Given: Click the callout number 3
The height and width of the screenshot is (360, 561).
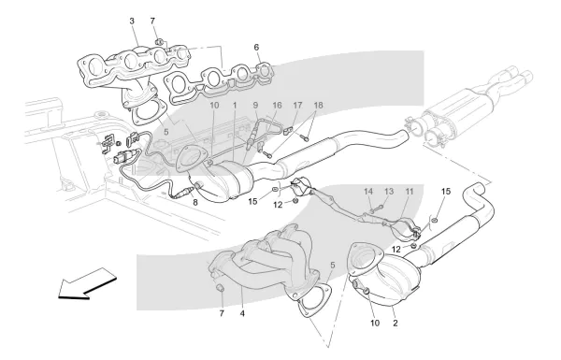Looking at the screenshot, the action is point(132,22).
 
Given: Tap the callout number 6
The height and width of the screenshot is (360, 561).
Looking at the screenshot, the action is point(256,48).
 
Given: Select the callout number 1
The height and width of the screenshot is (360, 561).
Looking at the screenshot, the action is point(235,106).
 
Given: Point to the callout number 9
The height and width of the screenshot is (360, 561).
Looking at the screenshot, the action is point(255,106).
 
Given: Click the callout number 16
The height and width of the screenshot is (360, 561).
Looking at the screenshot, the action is point(277,106).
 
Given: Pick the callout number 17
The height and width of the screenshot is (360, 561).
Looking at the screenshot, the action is point(297,106).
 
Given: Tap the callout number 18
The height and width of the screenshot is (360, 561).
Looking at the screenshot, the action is point(319,106).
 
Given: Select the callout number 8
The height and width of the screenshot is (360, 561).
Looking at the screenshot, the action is point(195,203).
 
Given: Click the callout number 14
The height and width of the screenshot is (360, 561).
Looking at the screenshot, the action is point(368,192).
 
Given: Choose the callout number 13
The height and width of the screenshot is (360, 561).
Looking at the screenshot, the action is point(389,192).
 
